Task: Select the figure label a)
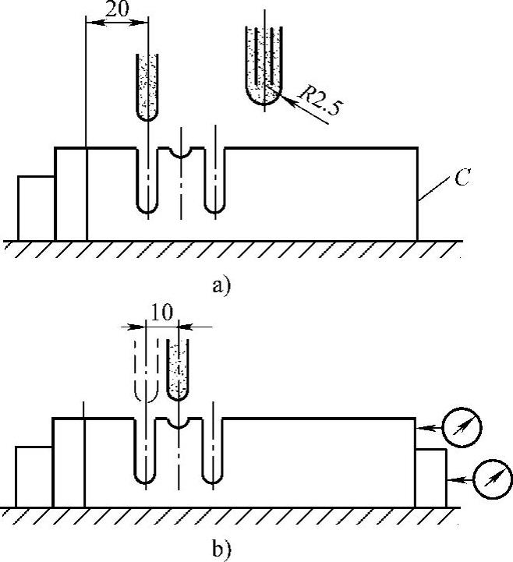tap(221, 286)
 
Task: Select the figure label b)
tap(221, 549)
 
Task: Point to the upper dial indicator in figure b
tap(461, 426)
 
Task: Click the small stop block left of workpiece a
tap(36, 208)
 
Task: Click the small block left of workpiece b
tap(34, 476)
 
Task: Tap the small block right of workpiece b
tap(430, 477)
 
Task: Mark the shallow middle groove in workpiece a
tap(181, 152)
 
